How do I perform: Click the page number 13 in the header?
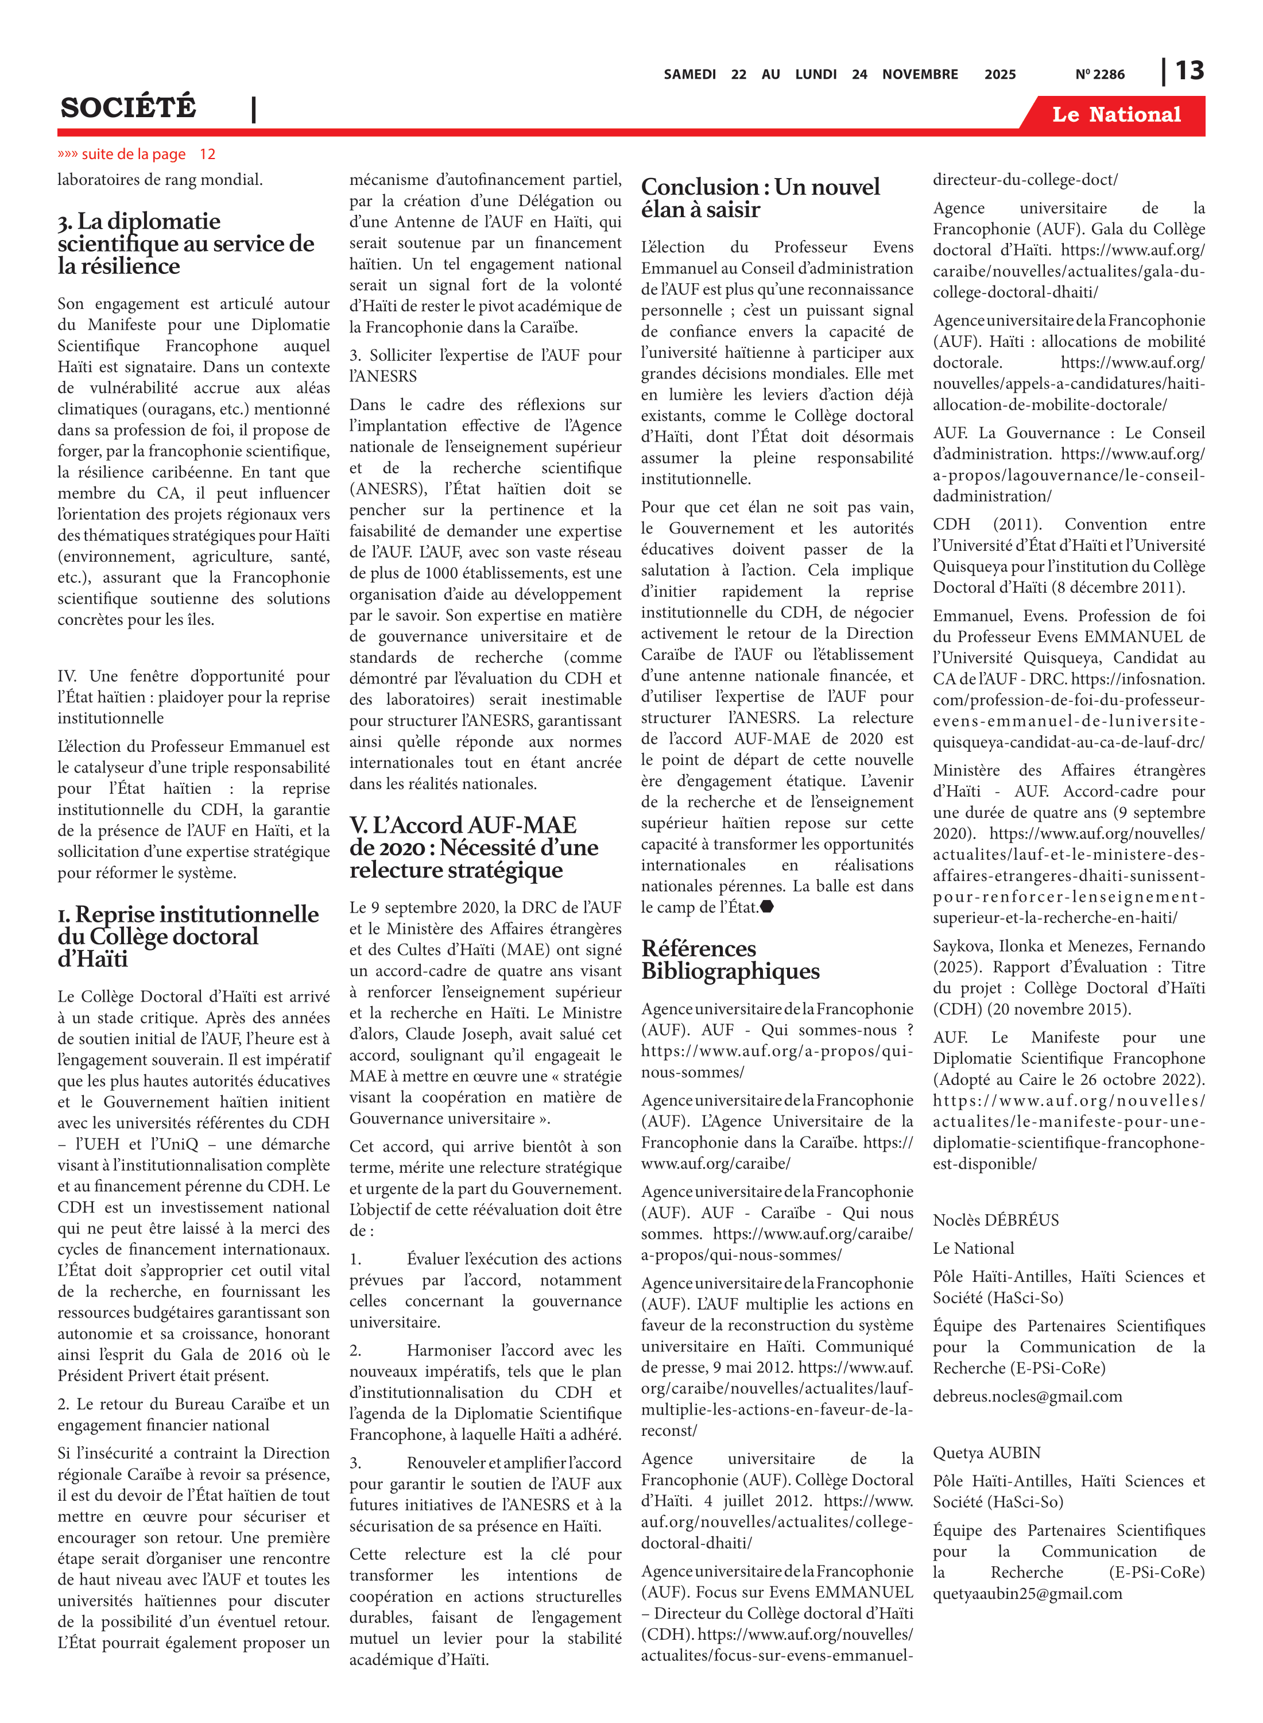click(x=1189, y=71)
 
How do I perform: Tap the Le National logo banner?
click(x=1115, y=115)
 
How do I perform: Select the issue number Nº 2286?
click(x=1099, y=74)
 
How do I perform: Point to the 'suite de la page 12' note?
click(x=136, y=154)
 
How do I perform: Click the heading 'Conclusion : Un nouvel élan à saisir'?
click(x=760, y=198)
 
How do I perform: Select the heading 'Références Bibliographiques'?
click(x=730, y=959)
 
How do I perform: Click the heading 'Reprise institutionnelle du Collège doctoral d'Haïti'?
click(x=187, y=936)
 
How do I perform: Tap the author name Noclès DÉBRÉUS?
click(x=995, y=1220)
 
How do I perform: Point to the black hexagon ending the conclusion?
click(x=767, y=907)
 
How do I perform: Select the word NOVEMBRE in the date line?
click(x=920, y=74)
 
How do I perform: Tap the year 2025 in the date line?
click(x=999, y=74)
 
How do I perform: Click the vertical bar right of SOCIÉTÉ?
click(x=254, y=109)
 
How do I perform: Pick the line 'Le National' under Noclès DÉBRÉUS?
click(x=973, y=1248)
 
